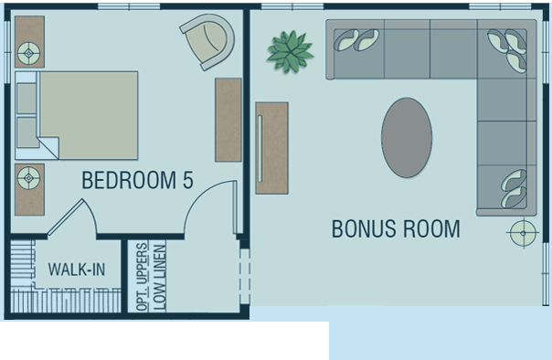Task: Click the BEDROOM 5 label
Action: click(137, 180)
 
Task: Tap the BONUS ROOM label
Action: click(396, 228)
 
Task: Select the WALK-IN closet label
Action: click(77, 270)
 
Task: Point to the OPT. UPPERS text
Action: click(142, 276)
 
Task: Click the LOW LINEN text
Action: click(159, 278)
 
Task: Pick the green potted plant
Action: click(290, 52)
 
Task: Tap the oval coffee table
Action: click(407, 138)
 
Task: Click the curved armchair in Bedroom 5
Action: click(208, 40)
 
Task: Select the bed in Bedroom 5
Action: click(77, 115)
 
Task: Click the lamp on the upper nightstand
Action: click(29, 54)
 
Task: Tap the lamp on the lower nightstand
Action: click(29, 178)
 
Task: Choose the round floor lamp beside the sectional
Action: click(523, 233)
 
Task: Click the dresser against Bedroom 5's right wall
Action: click(228, 120)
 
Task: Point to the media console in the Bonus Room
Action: click(271, 148)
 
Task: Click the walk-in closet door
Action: click(73, 217)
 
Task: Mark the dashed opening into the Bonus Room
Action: click(245, 276)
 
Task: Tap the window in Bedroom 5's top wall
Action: click(129, 6)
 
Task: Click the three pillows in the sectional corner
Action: click(507, 50)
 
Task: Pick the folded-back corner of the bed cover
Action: click(49, 147)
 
